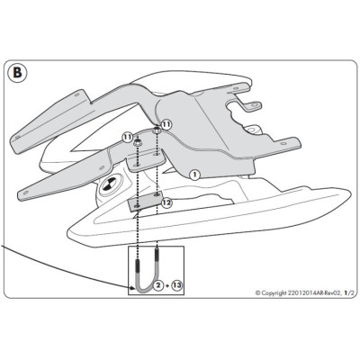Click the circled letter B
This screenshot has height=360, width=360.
(18, 74)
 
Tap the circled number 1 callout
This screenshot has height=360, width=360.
(194, 175)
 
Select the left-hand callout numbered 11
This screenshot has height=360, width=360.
(127, 138)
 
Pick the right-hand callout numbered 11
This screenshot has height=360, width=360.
(166, 124)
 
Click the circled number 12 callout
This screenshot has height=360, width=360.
(166, 202)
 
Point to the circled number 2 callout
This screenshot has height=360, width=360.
(158, 285)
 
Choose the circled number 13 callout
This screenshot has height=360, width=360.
(177, 285)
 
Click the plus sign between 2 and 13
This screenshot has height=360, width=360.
(167, 285)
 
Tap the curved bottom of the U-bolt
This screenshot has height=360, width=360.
(145, 289)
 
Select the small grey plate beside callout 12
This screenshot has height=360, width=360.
(145, 202)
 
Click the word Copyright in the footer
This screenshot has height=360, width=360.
(274, 292)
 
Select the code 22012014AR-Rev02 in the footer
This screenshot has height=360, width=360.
(314, 292)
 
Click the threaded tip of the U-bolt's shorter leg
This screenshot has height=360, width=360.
(138, 266)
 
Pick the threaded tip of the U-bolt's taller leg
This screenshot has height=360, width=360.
(157, 255)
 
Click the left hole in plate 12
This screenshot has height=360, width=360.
(137, 207)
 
